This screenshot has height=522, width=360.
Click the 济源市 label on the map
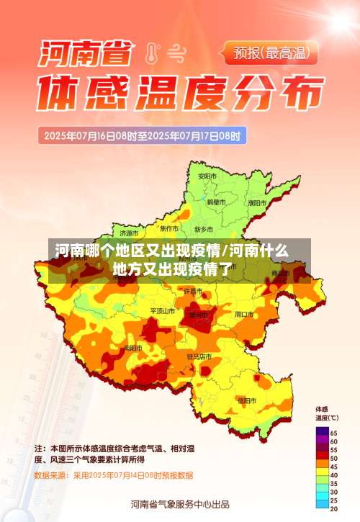coord(130,233)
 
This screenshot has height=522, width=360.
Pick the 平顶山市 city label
coord(162,311)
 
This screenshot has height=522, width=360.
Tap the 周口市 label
coord(243,315)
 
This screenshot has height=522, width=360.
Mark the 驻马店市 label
coord(199,356)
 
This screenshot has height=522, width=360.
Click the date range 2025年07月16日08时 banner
coord(143,135)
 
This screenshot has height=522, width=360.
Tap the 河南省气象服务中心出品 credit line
coord(180,503)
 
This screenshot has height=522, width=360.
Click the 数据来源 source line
coord(114,475)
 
